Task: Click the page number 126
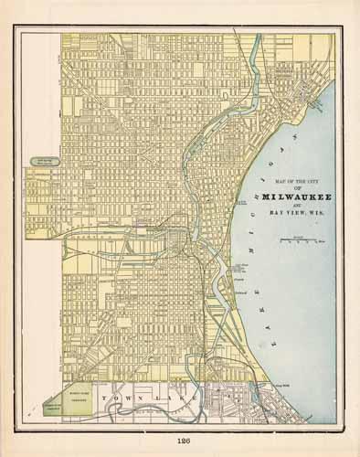(x=180, y=441)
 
